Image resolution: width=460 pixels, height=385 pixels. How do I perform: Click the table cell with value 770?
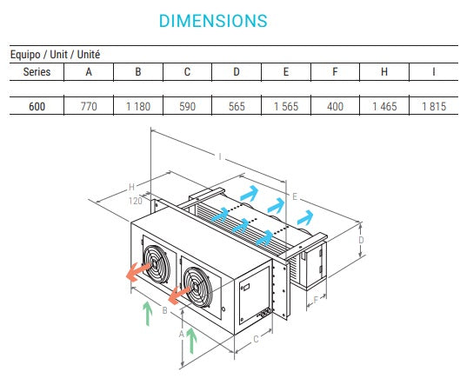88,107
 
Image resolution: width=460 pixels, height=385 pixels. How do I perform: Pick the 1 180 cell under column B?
137,107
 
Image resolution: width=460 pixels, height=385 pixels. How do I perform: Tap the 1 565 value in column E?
286,107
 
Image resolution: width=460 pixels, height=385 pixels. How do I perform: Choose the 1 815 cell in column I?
434,107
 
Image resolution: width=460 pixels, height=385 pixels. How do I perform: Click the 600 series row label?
37,107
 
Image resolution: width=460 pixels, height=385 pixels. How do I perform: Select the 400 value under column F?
336,107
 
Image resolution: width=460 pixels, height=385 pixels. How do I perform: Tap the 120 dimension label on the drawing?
135,201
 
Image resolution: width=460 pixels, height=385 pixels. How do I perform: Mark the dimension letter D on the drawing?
361,240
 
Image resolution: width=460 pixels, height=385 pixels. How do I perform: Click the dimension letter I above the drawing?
220,156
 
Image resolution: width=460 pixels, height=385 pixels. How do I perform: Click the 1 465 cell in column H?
385,107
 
